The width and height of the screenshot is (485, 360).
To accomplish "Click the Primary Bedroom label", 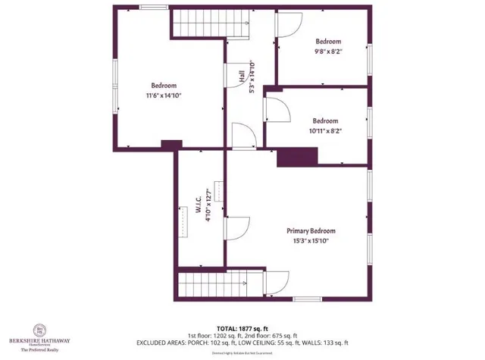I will (311, 230).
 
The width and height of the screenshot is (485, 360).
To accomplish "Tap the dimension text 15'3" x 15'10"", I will (311, 240).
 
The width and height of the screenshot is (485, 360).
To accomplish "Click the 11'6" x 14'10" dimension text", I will (164, 95).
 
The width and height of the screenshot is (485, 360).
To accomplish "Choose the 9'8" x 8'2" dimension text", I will (327, 52).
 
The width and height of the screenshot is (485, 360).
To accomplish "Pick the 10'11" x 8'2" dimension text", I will (325, 130).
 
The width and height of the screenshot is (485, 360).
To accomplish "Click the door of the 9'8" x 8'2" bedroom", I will (287, 23).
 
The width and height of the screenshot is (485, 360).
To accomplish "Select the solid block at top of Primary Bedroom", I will (297, 157).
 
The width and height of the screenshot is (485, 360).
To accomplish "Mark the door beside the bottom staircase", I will (276, 285).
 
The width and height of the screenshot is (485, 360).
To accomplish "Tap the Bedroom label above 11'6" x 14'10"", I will (164, 86).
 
